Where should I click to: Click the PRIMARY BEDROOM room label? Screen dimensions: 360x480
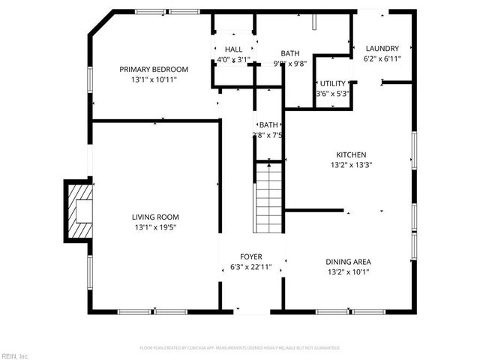[154, 69]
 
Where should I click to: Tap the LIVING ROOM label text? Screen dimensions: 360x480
[156, 217]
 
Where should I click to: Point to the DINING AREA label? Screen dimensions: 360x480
[347, 262]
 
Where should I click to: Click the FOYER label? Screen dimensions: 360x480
[250, 256]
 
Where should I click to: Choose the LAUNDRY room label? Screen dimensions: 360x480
[382, 49]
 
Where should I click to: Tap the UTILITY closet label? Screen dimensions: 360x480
[333, 84]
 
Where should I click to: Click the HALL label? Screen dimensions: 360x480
[233, 49]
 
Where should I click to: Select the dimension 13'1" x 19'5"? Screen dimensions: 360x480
[156, 227]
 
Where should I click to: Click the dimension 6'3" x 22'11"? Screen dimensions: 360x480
[250, 267]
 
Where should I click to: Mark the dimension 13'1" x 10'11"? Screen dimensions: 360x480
[154, 79]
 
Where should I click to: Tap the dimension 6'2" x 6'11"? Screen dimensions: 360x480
[382, 58]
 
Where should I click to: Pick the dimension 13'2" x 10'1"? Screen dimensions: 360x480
[347, 272]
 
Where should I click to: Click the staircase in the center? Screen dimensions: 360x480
[268, 199]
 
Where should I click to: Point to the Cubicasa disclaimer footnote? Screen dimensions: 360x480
[240, 348]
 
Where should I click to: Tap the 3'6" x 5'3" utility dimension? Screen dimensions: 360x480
[333, 94]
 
